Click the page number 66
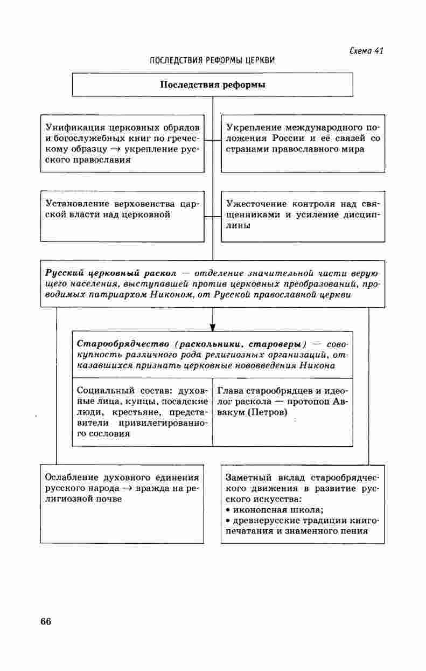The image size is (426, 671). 45,621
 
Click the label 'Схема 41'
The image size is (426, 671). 366,51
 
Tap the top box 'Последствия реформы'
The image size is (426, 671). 213,85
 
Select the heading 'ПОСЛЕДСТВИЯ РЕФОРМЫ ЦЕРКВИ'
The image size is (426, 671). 212,60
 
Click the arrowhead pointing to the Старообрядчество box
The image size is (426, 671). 213,327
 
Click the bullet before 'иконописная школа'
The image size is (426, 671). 228,510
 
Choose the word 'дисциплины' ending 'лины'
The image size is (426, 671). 238,226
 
